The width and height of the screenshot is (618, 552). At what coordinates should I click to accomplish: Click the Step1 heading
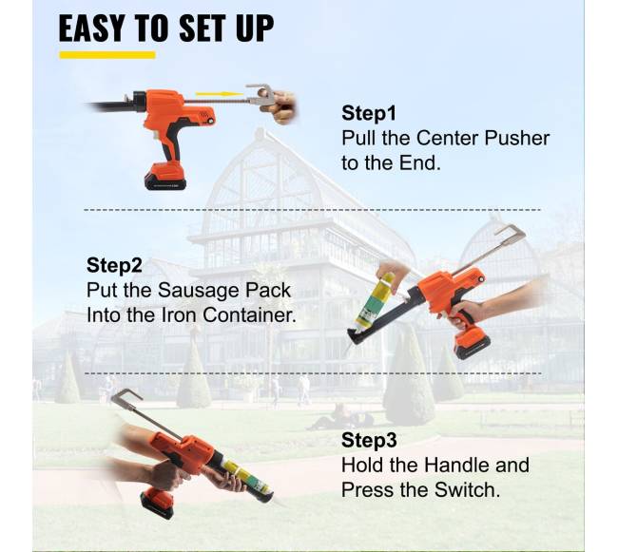coord(369,113)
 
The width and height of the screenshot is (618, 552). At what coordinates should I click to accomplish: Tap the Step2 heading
coord(114,265)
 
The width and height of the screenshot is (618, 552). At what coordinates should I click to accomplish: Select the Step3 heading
coord(369,440)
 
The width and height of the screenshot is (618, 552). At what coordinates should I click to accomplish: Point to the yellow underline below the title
coord(107,55)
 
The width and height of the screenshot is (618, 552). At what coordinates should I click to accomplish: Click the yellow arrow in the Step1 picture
coord(220,94)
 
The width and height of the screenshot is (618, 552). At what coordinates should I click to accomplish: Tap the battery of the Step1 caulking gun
coord(165,176)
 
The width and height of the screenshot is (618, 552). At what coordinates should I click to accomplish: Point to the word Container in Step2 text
coord(249,315)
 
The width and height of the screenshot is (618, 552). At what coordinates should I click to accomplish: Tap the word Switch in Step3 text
coord(467,490)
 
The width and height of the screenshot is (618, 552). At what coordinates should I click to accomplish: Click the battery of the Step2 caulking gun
coord(473,347)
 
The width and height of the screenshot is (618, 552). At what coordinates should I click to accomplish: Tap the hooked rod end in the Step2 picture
coord(511,233)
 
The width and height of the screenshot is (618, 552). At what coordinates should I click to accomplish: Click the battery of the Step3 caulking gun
coord(158,503)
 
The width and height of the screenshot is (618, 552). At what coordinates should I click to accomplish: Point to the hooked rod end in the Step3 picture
coord(126,395)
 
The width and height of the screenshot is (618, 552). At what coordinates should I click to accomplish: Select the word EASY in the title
coord(90,28)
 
